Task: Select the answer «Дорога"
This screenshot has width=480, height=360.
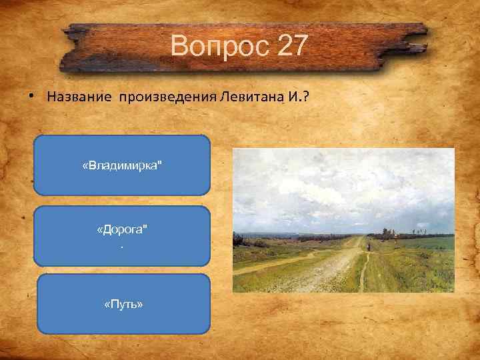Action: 123,230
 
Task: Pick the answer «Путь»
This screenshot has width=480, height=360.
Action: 123,304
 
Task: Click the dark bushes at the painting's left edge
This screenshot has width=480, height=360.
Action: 237,243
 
